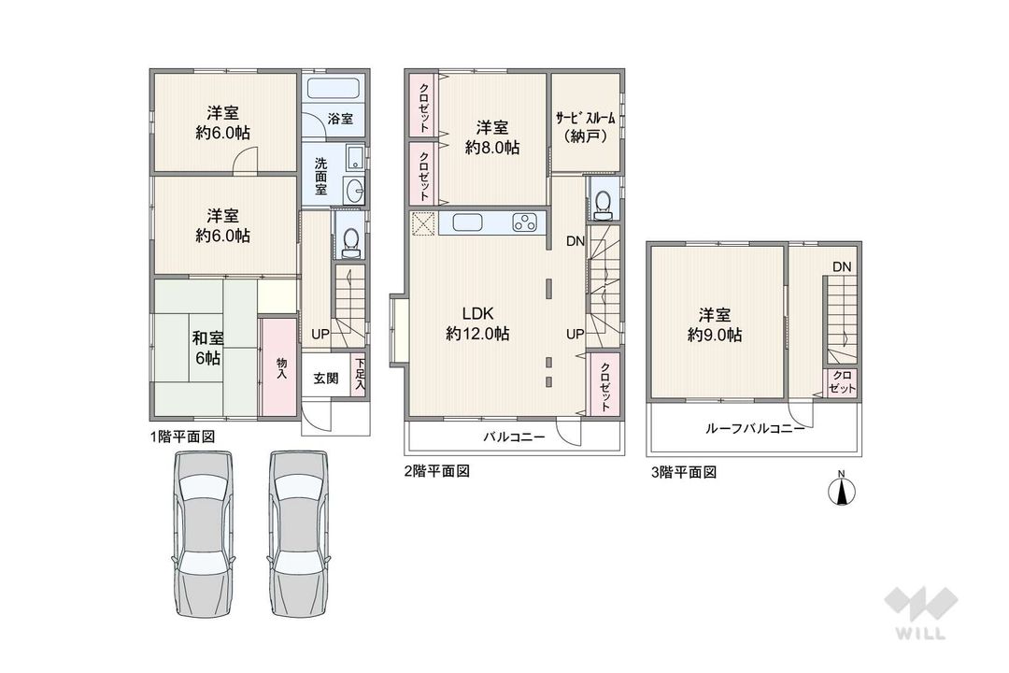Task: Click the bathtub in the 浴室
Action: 333,88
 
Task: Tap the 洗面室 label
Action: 320,176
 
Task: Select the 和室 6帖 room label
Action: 207,348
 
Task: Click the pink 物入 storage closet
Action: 280,367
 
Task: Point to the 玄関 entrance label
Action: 326,378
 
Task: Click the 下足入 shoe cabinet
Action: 359,374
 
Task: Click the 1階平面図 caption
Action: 183,437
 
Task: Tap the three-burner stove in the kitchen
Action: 525,222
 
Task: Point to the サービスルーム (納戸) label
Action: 585,127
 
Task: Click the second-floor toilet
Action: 603,202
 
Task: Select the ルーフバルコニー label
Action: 755,428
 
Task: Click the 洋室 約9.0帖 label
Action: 715,324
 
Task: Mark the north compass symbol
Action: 841,491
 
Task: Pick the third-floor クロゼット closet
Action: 843,382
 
